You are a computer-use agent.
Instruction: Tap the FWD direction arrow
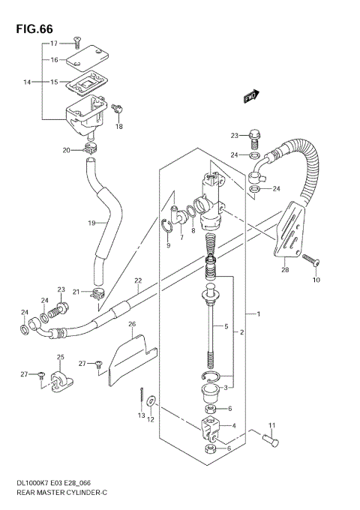tap(250, 95)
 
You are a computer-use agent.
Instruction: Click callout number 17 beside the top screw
tap(54, 44)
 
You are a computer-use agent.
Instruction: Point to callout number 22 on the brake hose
tap(138, 281)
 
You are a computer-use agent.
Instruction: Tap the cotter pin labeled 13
tap(142, 395)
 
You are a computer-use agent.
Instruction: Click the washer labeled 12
tap(153, 403)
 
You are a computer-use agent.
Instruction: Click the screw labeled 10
tap(311, 260)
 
